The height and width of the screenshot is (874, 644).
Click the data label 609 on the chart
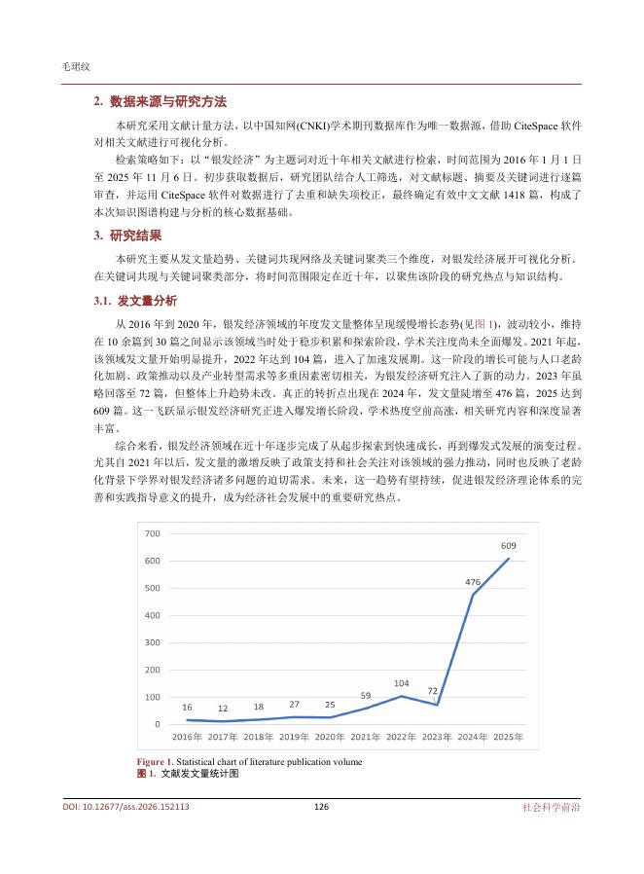click(x=508, y=519)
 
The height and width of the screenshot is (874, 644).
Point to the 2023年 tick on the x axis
click(x=437, y=736)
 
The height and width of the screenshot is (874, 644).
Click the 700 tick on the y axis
click(x=152, y=534)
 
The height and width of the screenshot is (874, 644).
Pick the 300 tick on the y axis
click(x=152, y=642)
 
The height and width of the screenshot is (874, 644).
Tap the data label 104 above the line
click(x=401, y=683)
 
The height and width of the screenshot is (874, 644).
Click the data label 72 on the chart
click(x=435, y=691)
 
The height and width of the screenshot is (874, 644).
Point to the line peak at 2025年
click(x=508, y=531)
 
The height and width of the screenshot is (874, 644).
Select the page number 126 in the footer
click(x=321, y=807)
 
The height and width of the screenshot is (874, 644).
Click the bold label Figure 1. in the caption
click(x=155, y=762)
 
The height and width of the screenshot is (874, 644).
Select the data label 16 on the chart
click(x=186, y=708)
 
